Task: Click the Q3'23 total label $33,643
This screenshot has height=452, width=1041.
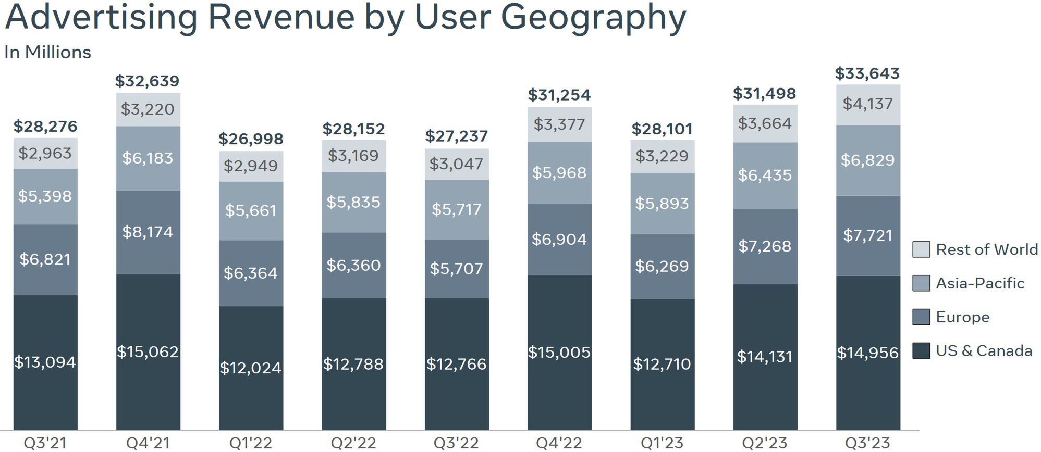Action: pos(867,73)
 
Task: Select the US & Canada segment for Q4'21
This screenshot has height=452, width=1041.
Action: pos(148,351)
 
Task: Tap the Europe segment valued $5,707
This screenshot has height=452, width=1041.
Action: pos(457,269)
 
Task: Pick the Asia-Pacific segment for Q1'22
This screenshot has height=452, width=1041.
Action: pos(251,210)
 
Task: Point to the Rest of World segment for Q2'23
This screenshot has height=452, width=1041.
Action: pos(765,123)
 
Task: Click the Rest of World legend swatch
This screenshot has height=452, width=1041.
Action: pos(921,249)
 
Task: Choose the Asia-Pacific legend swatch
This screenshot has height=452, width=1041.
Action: pos(921,283)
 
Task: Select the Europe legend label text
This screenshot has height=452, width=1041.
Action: pos(962,317)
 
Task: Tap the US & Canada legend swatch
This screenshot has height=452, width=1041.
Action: pos(921,350)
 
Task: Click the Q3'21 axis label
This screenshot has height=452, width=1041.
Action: pos(45,443)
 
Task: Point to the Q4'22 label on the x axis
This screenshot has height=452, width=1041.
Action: pos(559,443)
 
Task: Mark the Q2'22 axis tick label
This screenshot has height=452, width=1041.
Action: pos(353,443)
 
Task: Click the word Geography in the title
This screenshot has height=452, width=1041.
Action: pos(593,18)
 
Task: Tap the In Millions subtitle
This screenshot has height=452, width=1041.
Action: pos(47,53)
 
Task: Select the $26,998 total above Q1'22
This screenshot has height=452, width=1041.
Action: pos(251,139)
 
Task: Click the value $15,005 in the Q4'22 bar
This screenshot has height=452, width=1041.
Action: pos(559,353)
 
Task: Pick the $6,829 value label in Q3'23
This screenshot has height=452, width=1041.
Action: pos(867,160)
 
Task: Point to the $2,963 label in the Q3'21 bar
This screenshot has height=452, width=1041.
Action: pos(45,153)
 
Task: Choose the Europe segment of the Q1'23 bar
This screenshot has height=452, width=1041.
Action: pos(662,266)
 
